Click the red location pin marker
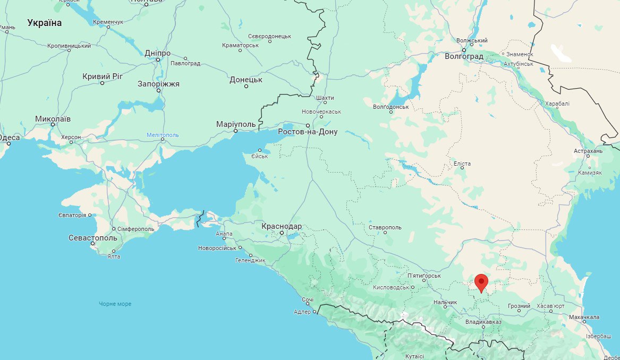pos(481,282)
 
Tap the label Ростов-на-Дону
pos(308,132)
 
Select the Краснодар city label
pos(282,226)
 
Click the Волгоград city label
pos(464,56)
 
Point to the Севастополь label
pos(92,238)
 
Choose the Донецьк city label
pos(246,80)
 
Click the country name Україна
pos(45,23)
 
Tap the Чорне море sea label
pos(115,304)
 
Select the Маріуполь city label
pos(236,124)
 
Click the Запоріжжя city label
pos(158,84)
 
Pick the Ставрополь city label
pos(385,227)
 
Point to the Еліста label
pos(462,164)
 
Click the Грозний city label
pos(519,306)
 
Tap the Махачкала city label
pos(584,317)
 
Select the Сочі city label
pos(308,300)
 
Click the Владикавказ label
pos(483,322)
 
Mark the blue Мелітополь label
pos(163,135)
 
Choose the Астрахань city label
pos(588,151)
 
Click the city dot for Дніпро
pos(158,59)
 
